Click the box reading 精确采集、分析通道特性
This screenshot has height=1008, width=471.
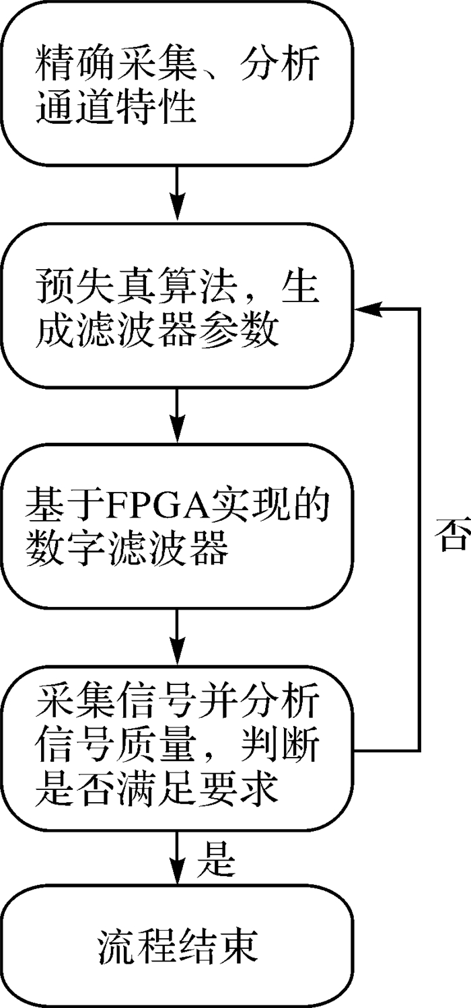click(176, 84)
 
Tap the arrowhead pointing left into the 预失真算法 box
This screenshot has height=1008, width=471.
click(367, 308)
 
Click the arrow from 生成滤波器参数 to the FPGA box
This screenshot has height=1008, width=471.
click(176, 415)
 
